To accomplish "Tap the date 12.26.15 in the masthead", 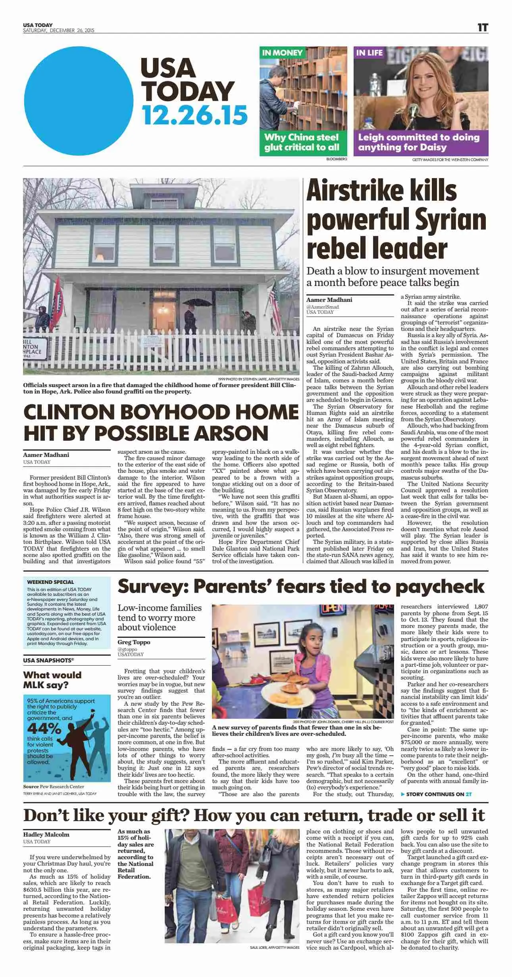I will coord(194,115).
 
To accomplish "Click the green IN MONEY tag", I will coord(282,53).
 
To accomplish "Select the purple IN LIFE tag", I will coord(369,53).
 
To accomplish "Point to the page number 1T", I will coord(482,27).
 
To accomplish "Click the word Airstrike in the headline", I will coord(382,191).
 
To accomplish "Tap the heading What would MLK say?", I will coord(52,680).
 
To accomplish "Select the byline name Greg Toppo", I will coord(134,642).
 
